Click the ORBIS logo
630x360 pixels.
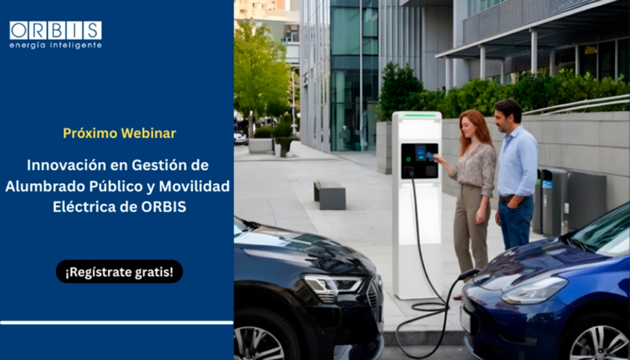pyautogui.click(x=55, y=30)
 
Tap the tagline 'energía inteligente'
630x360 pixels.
pyautogui.click(x=55, y=46)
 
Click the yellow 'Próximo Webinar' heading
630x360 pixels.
pyautogui.click(x=120, y=133)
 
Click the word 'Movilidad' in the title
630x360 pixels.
pyautogui.click(x=199, y=186)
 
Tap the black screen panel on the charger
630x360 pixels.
pyautogui.click(x=419, y=161)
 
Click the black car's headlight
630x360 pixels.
pyautogui.click(x=332, y=283)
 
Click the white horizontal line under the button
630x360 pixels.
pyautogui.click(x=116, y=322)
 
